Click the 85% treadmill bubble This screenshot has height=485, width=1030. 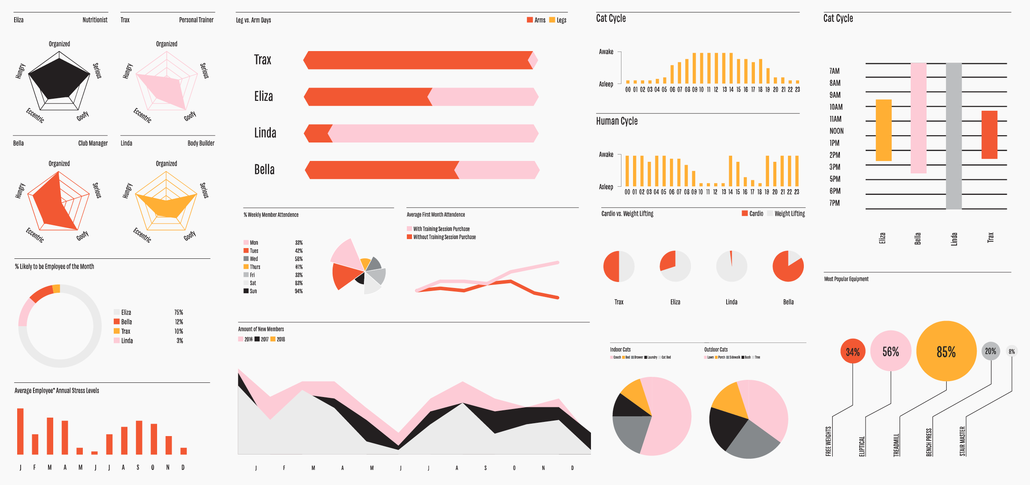point(946,352)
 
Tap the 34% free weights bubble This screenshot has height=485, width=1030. point(852,352)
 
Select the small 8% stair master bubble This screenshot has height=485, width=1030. point(1012,352)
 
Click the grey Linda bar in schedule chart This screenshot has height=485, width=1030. point(954,136)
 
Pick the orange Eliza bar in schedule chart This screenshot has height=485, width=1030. point(884,130)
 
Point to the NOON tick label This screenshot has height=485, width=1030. point(836,131)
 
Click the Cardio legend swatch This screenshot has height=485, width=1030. point(745,213)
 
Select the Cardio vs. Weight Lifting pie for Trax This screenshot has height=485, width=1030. point(618,267)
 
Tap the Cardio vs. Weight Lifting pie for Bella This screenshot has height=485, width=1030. point(788,267)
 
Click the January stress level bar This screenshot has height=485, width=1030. point(20,431)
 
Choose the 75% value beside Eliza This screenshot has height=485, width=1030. point(179,312)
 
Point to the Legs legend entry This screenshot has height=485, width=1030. point(558,20)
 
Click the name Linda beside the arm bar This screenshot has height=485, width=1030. point(265,133)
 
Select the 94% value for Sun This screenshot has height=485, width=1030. point(298,291)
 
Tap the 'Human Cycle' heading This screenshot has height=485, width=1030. point(617,121)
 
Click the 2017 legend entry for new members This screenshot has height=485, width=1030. point(262,339)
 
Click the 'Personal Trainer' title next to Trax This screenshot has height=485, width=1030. point(196,20)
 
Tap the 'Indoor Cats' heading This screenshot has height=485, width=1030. point(620,349)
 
